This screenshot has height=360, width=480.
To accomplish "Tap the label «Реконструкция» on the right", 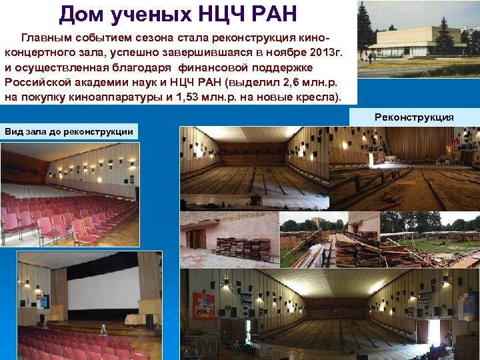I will tap(414, 117).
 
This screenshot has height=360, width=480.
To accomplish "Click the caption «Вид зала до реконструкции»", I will tap(69, 131).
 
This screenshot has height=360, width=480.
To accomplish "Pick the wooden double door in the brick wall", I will tap(198, 239).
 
